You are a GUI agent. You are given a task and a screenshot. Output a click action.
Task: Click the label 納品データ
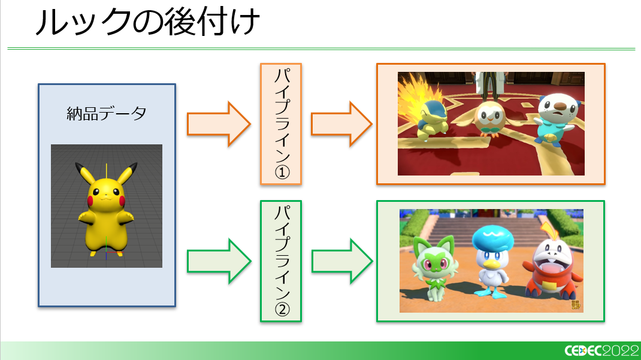click(x=107, y=113)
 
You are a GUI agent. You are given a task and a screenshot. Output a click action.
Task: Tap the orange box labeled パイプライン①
click(x=281, y=123)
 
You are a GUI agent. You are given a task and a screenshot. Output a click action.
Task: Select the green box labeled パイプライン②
click(x=281, y=261)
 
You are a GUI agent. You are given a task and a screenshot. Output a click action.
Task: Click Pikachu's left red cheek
click(x=94, y=194)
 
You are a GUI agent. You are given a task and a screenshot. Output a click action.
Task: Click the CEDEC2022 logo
click(x=600, y=351)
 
